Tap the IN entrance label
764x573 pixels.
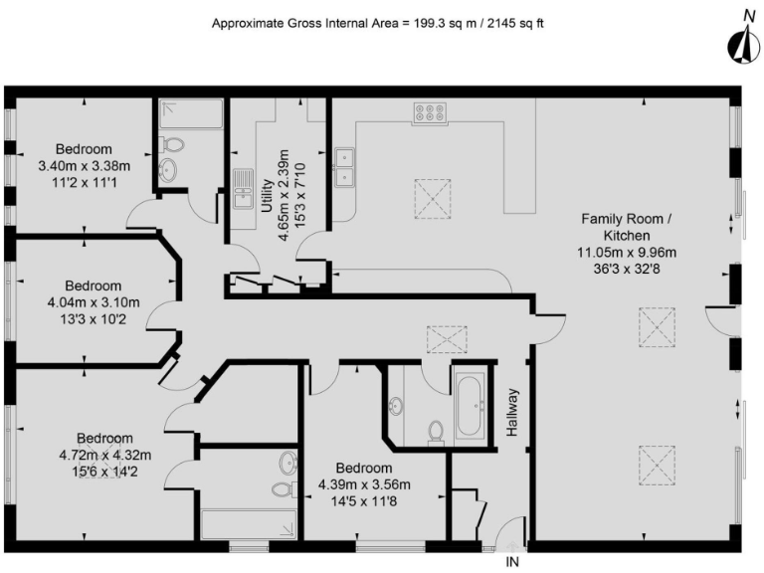click(x=513, y=562)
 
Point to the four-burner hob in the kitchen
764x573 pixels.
click(x=430, y=113)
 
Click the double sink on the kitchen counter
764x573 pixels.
click(x=346, y=167)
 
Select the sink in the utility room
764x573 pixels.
click(x=243, y=189)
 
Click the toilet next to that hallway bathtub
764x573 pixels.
click(x=435, y=431)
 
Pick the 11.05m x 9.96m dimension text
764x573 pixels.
click(x=628, y=253)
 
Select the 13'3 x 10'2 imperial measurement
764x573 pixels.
click(x=95, y=318)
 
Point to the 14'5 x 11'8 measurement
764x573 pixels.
click(x=364, y=501)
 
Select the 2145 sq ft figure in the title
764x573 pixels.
click(x=521, y=22)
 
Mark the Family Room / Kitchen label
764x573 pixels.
click(x=628, y=227)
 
